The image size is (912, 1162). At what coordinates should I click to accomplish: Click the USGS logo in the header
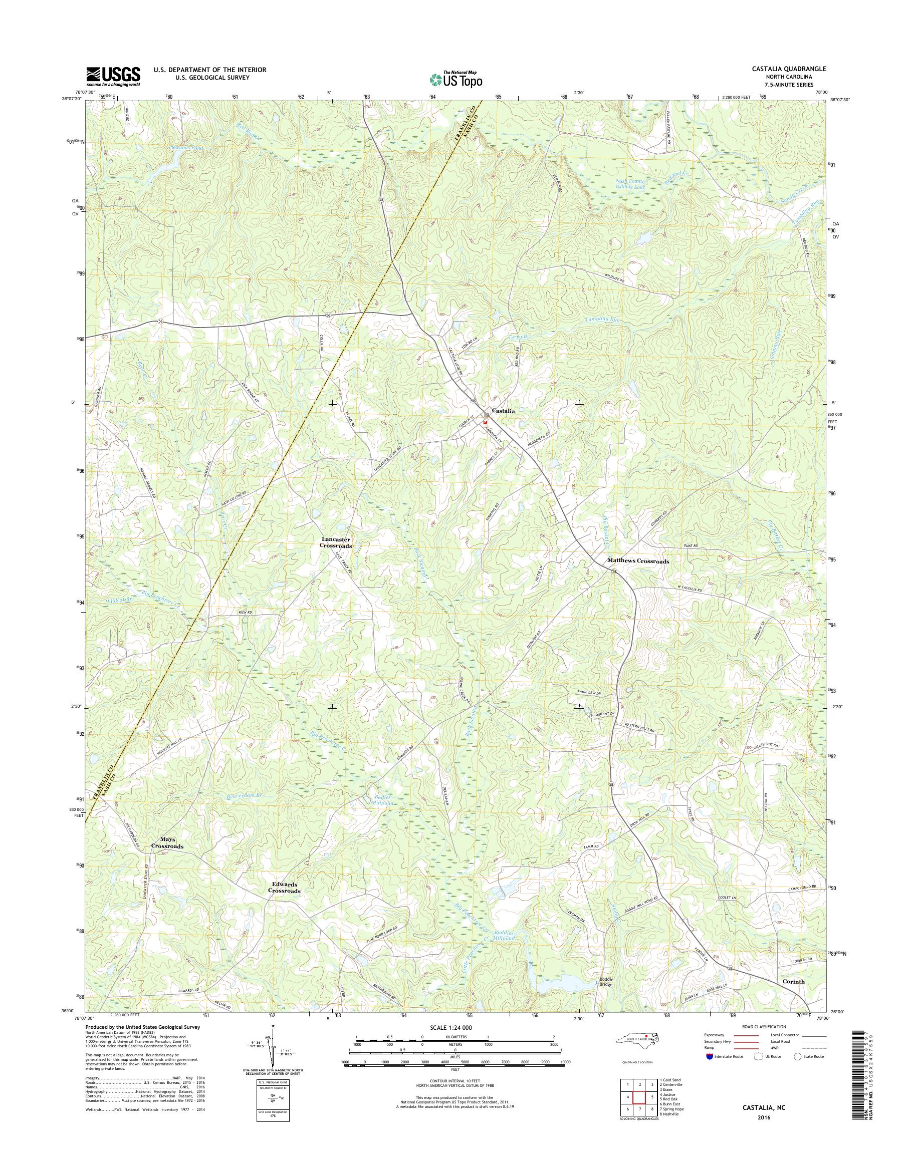tap(113, 76)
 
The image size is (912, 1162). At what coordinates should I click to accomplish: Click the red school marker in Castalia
tap(485, 421)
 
